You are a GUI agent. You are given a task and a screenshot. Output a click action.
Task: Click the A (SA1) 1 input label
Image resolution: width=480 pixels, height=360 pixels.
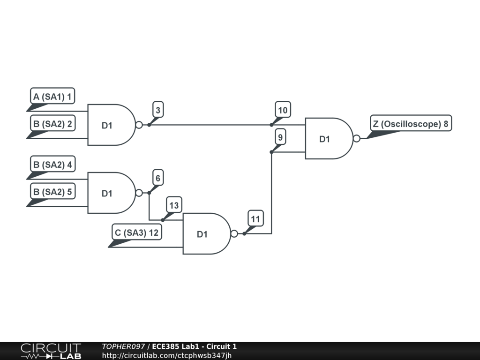coord(52,97)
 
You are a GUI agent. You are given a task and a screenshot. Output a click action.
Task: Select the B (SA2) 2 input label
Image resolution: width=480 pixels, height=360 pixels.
coord(52,124)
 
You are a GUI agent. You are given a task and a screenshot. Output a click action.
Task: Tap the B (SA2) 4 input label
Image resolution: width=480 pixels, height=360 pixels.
coord(52,165)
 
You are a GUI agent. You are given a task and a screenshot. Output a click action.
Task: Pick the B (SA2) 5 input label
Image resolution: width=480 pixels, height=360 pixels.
coord(52,191)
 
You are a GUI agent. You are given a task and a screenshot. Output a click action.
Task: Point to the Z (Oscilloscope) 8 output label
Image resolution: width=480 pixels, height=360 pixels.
coord(411,124)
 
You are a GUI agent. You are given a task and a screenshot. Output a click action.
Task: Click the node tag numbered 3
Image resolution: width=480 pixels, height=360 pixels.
coord(158,111)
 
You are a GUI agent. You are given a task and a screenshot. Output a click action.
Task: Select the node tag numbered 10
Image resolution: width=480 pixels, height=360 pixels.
coord(283,111)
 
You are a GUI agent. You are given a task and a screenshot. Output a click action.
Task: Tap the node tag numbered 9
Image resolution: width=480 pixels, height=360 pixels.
coord(280,138)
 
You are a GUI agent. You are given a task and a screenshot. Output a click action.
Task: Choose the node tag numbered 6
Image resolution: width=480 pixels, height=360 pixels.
coord(158,178)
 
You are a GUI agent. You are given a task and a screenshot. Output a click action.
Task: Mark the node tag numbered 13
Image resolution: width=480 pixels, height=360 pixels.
coord(174,205)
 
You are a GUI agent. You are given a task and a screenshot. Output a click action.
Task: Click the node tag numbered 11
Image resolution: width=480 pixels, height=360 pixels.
coord(255,218)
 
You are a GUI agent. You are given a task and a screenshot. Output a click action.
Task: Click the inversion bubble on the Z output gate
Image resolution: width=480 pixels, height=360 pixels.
coord(357,138)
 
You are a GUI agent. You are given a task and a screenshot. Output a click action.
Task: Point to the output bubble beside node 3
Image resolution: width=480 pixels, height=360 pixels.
coord(139,125)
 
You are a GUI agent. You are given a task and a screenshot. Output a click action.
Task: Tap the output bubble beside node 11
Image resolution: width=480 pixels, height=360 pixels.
coord(234,233)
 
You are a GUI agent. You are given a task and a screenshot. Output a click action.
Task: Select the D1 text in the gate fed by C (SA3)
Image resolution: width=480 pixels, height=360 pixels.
coord(202,234)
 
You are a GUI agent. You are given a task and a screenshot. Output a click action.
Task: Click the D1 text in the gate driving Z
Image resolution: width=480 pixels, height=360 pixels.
coord(325,139)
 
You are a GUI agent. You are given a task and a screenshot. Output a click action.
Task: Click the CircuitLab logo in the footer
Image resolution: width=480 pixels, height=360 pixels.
coord(51,351)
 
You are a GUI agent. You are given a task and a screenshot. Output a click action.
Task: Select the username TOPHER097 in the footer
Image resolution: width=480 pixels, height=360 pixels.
coord(123,346)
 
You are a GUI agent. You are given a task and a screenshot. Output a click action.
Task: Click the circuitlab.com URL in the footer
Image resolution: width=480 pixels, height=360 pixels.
coord(167,355)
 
